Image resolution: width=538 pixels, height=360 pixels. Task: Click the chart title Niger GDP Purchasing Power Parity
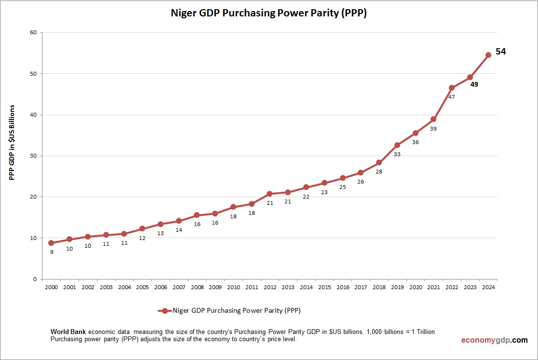[x=269, y=13]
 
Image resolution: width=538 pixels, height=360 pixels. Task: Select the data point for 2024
[x=488, y=55]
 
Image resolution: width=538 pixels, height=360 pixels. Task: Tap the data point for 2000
[x=51, y=243]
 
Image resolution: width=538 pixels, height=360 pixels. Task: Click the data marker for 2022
[x=452, y=88]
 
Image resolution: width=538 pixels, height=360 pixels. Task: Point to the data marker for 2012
[x=269, y=194]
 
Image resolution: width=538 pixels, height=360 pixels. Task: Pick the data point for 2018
[x=379, y=162]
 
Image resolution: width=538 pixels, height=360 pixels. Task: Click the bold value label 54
[x=501, y=52]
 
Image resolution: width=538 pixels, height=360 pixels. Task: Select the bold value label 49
[x=474, y=85]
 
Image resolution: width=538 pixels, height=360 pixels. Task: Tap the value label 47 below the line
[x=452, y=97]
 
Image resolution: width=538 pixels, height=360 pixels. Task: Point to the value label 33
[x=397, y=154]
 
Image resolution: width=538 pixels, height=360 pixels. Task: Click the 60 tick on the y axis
[x=33, y=33]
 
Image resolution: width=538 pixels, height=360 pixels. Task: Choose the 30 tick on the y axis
[x=33, y=156]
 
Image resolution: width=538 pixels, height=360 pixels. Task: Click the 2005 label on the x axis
[x=142, y=287]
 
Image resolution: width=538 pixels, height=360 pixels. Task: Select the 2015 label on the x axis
[x=324, y=287]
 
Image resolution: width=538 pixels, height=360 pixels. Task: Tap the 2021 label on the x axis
[x=433, y=287]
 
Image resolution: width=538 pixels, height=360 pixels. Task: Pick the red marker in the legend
[x=165, y=311]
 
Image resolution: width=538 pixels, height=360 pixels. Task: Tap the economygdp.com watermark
[x=494, y=340]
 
